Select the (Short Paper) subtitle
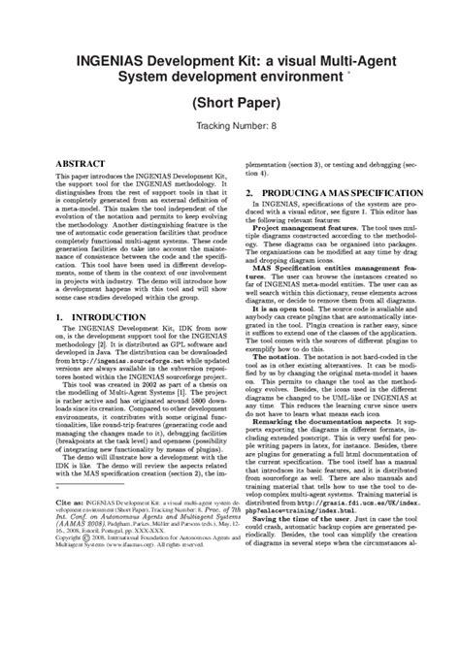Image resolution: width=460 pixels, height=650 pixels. click(230, 100)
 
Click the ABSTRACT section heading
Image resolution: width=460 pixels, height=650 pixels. click(81, 166)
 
